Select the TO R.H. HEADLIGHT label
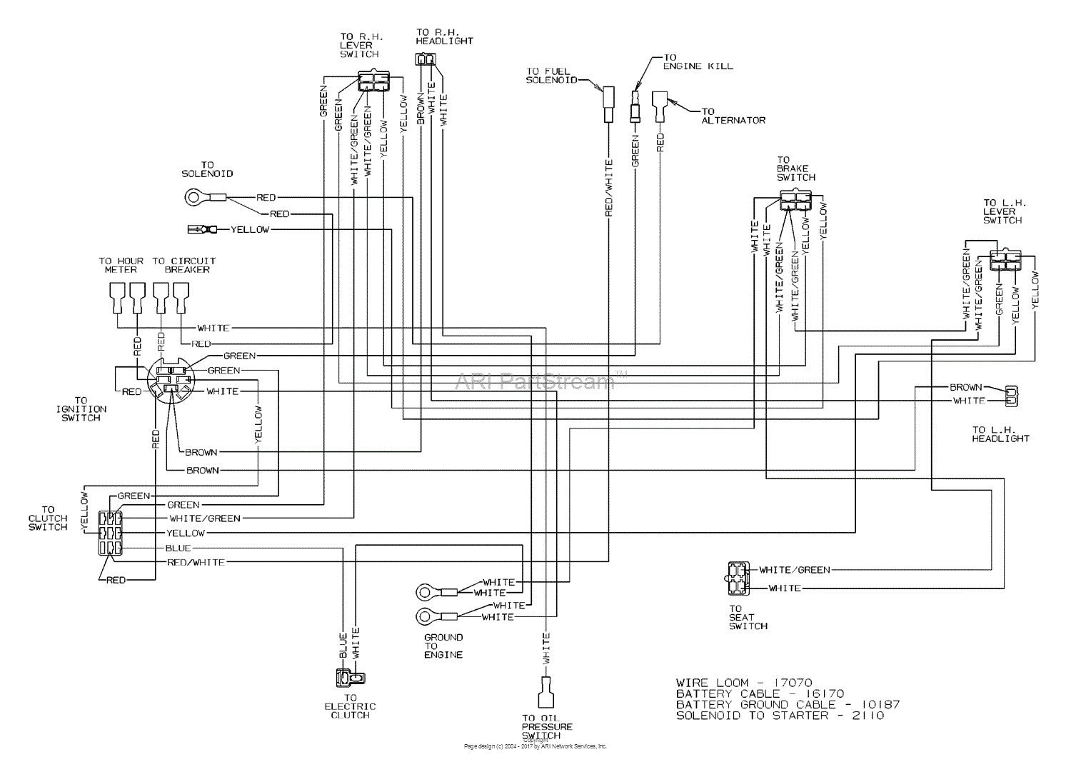[444, 36]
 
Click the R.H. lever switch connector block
[371, 81]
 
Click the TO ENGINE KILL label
[698, 62]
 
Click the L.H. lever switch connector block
[1005, 261]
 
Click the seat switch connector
[736, 578]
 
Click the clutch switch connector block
[111, 533]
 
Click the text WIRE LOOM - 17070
[744, 683]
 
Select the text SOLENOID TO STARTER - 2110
[780, 716]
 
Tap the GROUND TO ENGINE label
[443, 646]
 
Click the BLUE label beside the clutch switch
[178, 548]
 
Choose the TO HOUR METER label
[121, 265]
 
